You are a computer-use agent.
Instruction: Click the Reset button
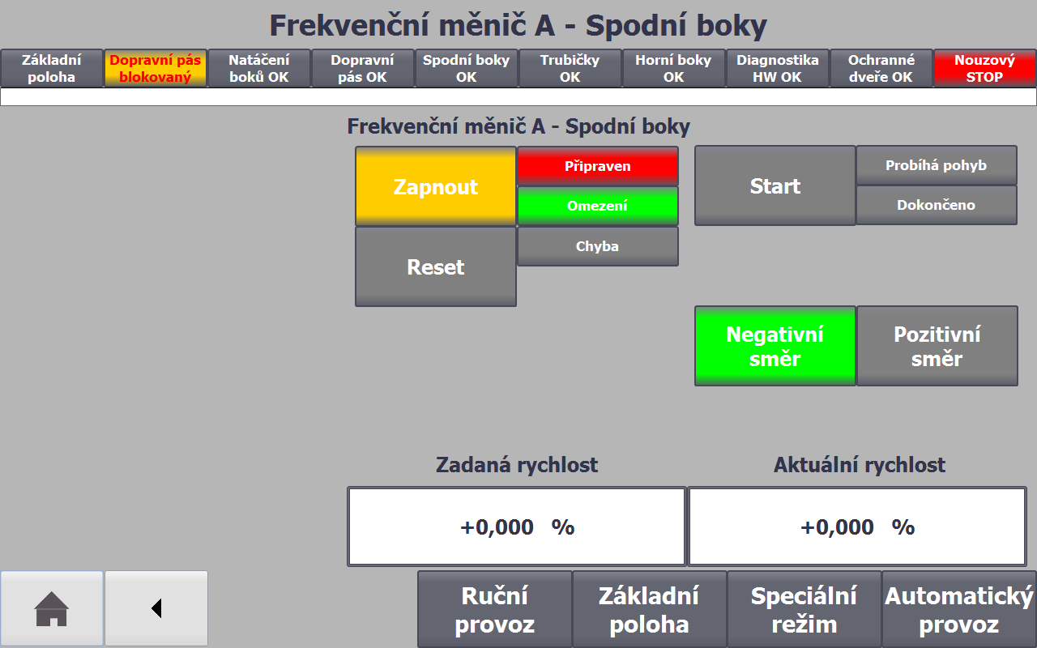tap(436, 266)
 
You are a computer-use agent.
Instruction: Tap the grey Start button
tap(775, 185)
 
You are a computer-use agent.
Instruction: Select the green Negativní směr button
tap(775, 346)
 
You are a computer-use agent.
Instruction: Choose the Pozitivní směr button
tap(937, 346)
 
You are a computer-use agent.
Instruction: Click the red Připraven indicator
tap(598, 166)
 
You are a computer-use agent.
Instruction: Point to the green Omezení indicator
tap(598, 206)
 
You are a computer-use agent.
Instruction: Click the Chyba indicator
tap(598, 246)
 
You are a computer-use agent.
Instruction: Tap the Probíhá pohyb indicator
tap(936, 165)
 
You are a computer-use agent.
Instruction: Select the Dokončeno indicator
tap(936, 205)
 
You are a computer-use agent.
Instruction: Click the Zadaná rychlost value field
tap(517, 526)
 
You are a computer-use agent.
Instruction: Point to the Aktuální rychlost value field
tap(857, 526)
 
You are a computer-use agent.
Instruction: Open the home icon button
tap(51, 608)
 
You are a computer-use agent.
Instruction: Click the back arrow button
tap(156, 608)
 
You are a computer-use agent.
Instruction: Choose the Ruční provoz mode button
tap(495, 610)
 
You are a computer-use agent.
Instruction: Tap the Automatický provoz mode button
tap(959, 610)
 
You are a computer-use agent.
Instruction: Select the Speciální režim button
tap(804, 610)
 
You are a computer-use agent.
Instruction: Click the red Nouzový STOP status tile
tap(984, 69)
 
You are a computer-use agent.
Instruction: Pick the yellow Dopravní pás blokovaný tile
tap(156, 69)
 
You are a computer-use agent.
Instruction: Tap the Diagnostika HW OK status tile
tap(777, 69)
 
